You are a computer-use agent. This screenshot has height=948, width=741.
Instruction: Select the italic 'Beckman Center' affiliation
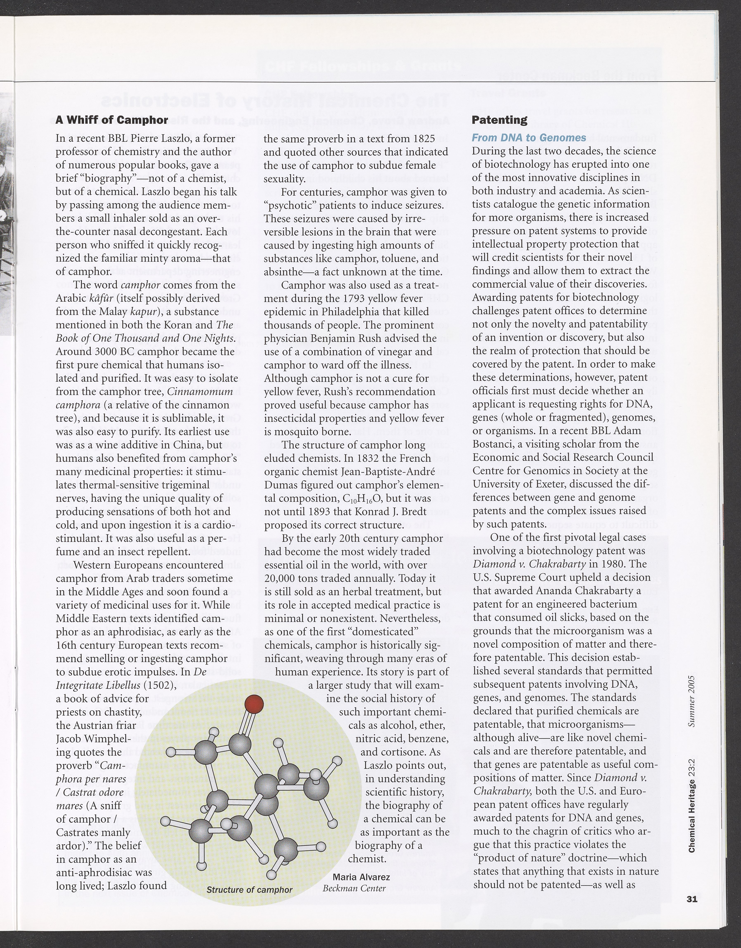click(x=354, y=888)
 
